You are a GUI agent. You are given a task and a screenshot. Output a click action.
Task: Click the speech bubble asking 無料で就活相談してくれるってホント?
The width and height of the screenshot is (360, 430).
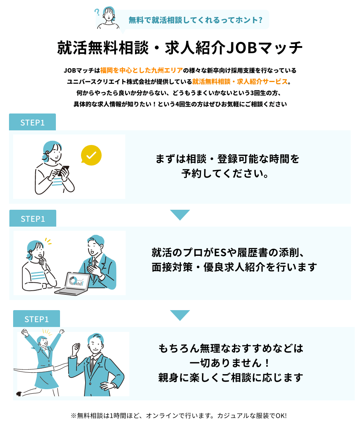(195, 20)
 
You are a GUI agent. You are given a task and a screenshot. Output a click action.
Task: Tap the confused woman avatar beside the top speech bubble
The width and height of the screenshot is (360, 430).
(108, 18)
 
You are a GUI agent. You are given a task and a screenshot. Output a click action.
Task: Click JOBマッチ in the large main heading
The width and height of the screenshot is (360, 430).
(265, 48)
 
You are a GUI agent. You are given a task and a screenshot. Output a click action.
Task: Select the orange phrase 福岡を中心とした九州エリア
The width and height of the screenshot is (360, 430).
(141, 70)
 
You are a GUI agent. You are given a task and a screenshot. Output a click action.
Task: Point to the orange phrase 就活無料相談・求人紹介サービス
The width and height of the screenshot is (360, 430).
(240, 82)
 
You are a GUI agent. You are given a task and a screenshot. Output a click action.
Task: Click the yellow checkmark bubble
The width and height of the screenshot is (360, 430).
(91, 155)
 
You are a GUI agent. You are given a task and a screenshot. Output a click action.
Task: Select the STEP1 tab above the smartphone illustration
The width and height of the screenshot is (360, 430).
(32, 122)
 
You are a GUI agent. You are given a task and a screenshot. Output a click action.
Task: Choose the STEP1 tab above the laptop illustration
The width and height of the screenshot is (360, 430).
(33, 219)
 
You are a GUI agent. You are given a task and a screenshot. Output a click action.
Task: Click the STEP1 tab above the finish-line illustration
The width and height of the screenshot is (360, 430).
(36, 319)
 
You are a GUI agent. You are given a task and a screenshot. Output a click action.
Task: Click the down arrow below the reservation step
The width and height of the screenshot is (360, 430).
(180, 215)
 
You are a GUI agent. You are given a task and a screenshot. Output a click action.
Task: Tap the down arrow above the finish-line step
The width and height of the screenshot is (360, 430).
(180, 315)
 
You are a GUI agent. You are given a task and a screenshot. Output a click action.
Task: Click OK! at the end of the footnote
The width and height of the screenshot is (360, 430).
(281, 416)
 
